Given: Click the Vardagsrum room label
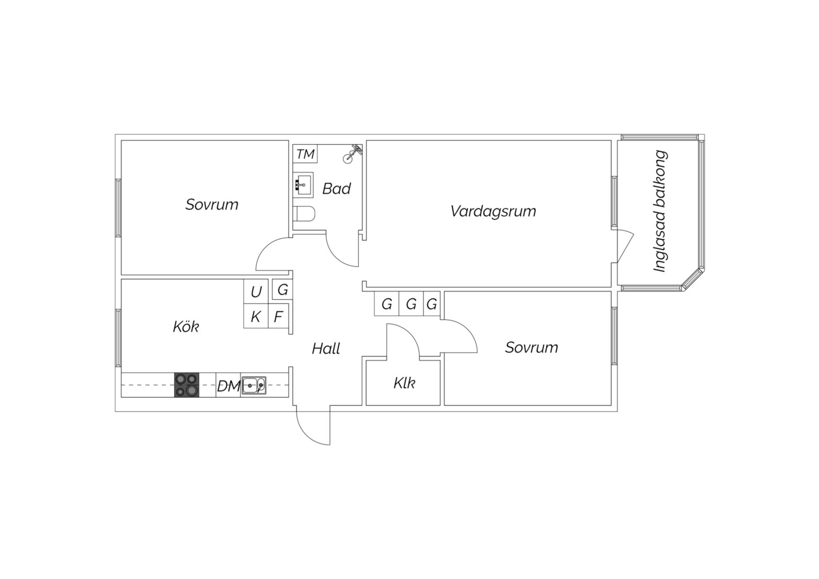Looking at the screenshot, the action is click(x=493, y=211).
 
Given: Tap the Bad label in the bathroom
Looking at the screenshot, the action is click(x=337, y=189).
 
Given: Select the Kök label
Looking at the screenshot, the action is click(x=186, y=326).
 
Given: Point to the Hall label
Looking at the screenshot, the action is click(x=326, y=348).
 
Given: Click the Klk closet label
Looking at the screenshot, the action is click(x=404, y=383).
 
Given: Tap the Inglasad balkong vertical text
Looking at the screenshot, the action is click(x=660, y=211).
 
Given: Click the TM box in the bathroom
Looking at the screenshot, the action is click(x=305, y=154).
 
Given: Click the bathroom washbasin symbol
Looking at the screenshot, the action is click(x=303, y=185).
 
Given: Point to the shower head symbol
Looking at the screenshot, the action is click(x=352, y=153).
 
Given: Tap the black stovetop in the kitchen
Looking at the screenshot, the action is click(x=187, y=385).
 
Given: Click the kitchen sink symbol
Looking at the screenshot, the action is click(x=254, y=385).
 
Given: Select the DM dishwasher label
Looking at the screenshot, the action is click(x=228, y=386).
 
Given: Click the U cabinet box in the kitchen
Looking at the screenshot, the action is click(x=256, y=292).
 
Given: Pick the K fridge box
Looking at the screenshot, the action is click(x=256, y=316).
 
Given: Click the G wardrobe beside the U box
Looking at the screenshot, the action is click(x=282, y=289).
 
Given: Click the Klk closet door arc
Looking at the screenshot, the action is click(x=409, y=335).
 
